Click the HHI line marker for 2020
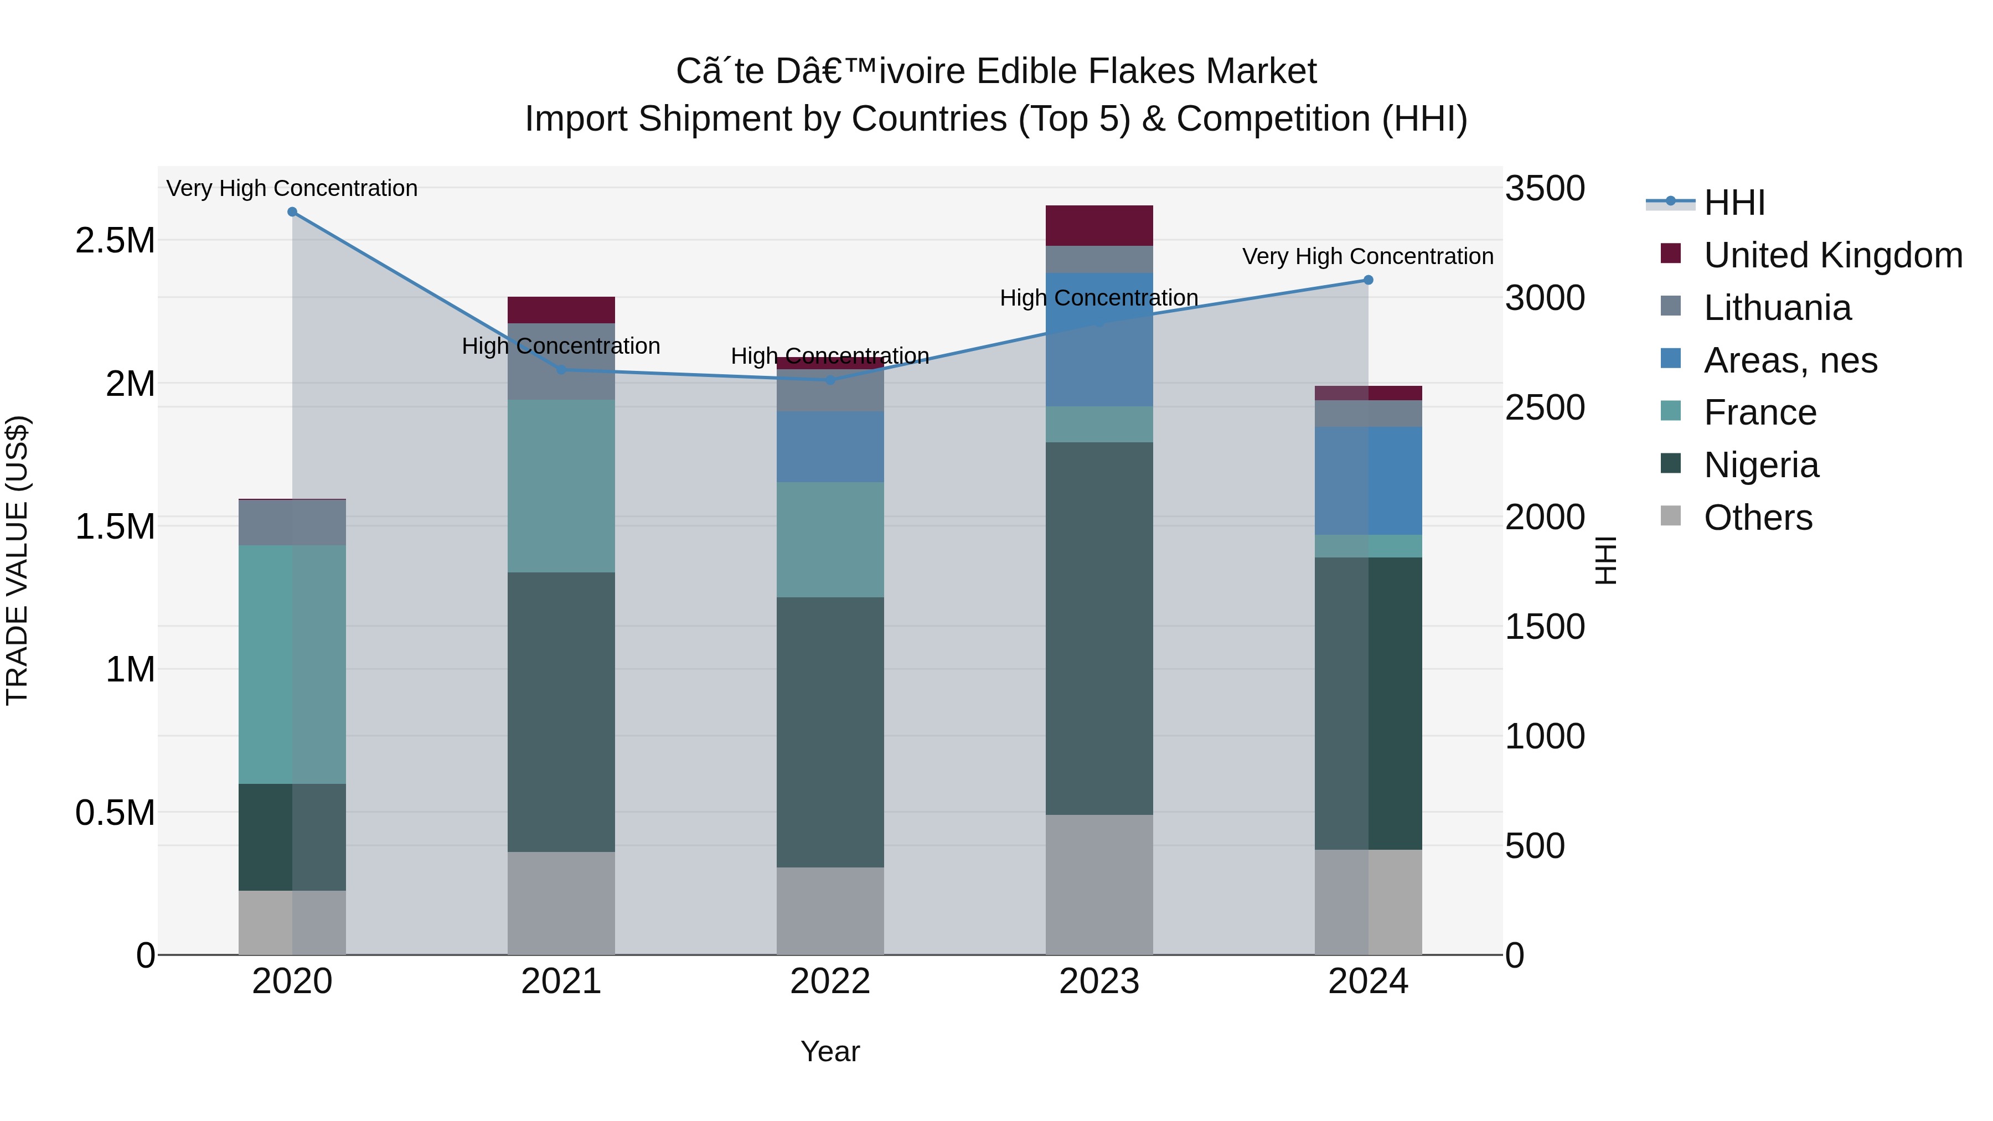[x=292, y=212]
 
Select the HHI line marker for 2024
[x=1368, y=280]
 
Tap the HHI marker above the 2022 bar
[x=830, y=380]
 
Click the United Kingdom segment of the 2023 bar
[x=1098, y=225]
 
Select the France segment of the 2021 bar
[x=561, y=486]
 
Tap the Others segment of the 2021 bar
[x=561, y=903]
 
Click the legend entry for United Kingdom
[x=1832, y=255]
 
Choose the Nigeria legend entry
[x=1761, y=465]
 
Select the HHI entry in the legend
[x=1734, y=203]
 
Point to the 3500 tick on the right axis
[x=1544, y=188]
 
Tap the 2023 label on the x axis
[x=1098, y=981]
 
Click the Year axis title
[x=830, y=1051]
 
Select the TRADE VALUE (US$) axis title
[x=17, y=560]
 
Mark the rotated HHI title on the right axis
[x=1606, y=560]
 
